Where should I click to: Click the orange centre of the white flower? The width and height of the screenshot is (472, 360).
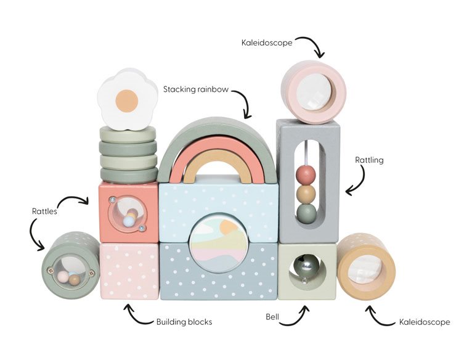127,101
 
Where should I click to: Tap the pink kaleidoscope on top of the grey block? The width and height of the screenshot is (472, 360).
314,92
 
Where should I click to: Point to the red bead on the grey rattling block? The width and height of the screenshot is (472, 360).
306,174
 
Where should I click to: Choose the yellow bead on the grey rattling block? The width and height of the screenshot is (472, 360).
306,194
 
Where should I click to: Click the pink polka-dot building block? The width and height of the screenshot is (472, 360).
129,271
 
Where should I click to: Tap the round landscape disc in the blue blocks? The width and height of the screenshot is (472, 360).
219,243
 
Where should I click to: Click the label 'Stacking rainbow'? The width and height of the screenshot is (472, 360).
196,89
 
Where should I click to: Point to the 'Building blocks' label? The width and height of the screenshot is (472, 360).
184,322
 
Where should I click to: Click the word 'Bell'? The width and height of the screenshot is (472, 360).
272,317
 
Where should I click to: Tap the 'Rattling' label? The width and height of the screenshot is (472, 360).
369,160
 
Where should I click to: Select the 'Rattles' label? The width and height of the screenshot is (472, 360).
44,211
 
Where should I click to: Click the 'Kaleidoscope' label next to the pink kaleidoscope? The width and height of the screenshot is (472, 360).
267,43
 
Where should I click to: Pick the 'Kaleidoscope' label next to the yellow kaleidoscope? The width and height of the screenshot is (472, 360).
425,322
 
